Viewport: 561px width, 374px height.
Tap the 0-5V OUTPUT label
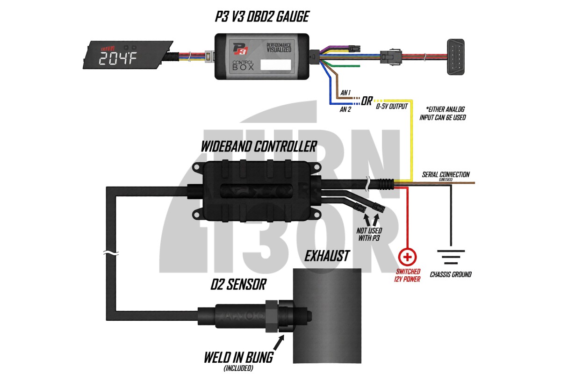391,106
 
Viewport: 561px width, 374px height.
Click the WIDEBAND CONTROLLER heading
259,146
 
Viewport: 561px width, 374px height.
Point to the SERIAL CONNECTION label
446,175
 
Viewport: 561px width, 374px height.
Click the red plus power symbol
408,257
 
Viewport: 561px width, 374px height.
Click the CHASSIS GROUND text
451,274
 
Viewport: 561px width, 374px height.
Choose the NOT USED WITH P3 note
369,235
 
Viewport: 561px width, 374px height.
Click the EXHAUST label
327,256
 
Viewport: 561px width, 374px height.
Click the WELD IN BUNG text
238,358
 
